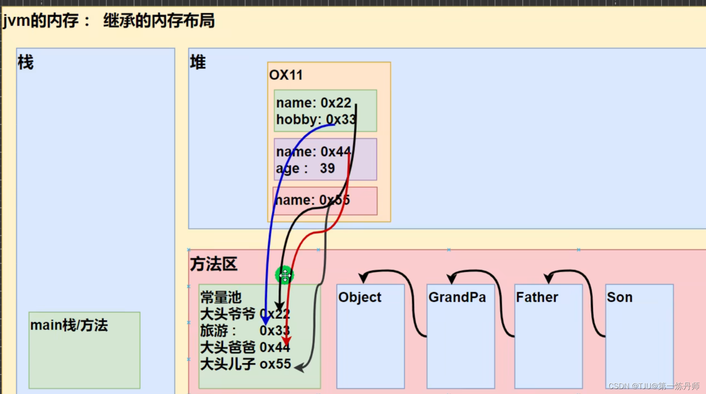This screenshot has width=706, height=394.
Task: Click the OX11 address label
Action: coord(286,75)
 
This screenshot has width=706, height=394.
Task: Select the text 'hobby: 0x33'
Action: coord(316,120)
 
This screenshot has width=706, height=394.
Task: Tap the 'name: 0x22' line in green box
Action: coord(313,102)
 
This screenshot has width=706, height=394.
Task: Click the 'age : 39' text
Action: coord(305,168)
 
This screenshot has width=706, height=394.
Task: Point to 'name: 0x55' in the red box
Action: coord(312,200)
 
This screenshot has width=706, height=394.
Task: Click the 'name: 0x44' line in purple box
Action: coord(313,152)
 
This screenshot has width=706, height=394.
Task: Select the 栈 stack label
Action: coord(25,62)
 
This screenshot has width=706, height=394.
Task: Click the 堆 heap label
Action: coord(198,62)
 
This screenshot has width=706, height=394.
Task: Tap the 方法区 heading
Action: coord(214,264)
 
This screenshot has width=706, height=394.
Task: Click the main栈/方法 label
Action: coord(69,325)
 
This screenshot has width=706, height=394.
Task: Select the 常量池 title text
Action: coord(221,297)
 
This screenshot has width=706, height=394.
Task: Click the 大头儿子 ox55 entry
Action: coord(245,364)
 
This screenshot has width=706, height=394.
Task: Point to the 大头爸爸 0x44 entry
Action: coord(245,347)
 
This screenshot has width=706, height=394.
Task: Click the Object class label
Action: coord(360,297)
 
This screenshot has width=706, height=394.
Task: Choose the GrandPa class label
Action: coord(457,297)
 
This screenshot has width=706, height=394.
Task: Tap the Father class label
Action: coord(537,297)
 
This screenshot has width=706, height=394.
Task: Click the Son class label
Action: coord(619,297)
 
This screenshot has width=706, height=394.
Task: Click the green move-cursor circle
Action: coord(285,275)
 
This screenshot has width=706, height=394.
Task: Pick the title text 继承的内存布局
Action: coord(159,20)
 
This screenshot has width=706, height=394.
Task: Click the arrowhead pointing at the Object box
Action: coord(363,277)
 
